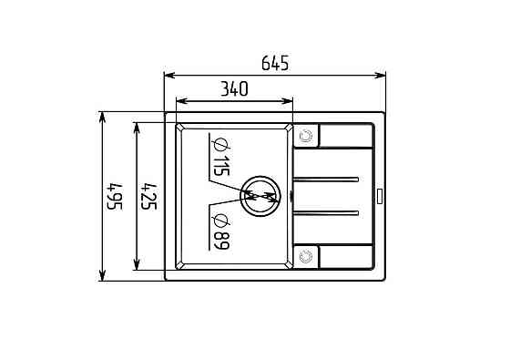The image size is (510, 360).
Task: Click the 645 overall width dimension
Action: pos(275,63)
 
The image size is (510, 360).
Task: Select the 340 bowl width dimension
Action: pos(234,89)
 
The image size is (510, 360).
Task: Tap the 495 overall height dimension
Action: pos(115,197)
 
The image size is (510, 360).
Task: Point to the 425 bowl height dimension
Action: pos(149,197)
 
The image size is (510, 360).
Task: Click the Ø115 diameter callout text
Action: pos(221,157)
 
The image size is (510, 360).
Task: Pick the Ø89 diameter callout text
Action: pos(221,231)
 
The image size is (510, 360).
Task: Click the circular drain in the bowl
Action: pos(260,196)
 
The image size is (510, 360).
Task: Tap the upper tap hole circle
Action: pos(306,136)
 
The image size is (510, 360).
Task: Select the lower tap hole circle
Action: pos(306,256)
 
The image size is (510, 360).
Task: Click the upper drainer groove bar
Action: pos(326,180)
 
